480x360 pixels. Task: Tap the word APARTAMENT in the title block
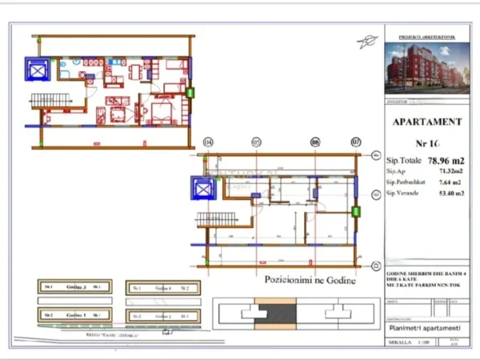427,122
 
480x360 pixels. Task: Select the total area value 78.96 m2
444,159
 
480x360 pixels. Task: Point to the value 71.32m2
446,171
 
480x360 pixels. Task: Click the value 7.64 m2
446,182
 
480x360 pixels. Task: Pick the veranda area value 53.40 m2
446,194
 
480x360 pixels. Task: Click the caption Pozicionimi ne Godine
310,280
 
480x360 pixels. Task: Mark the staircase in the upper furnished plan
51,100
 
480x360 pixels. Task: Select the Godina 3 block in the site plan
74,287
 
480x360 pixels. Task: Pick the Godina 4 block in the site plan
163,288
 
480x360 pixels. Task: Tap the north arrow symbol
368,42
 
